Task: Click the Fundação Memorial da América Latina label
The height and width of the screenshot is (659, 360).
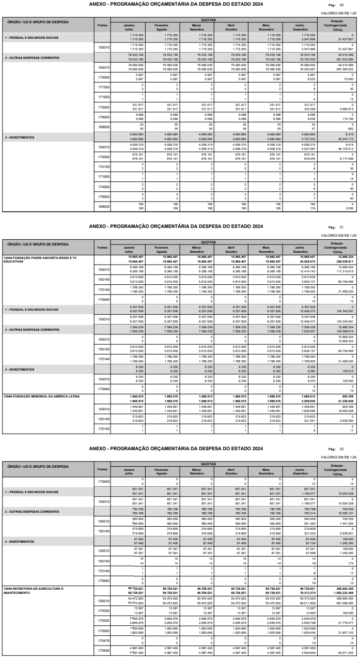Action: click(41, 396)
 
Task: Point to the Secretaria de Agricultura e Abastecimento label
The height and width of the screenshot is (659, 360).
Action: click(33, 590)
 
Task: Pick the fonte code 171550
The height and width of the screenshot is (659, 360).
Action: click(104, 87)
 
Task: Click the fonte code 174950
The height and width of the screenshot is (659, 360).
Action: click(104, 187)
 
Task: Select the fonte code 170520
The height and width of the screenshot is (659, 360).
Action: click(104, 620)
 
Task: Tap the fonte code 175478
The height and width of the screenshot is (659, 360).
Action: click(104, 640)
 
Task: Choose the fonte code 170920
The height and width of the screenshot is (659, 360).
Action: click(104, 631)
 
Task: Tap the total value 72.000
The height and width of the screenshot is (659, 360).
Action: click(347, 79)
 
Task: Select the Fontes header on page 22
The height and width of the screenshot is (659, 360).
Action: click(102, 469)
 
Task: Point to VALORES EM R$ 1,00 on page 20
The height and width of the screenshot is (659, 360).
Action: click(338, 13)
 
